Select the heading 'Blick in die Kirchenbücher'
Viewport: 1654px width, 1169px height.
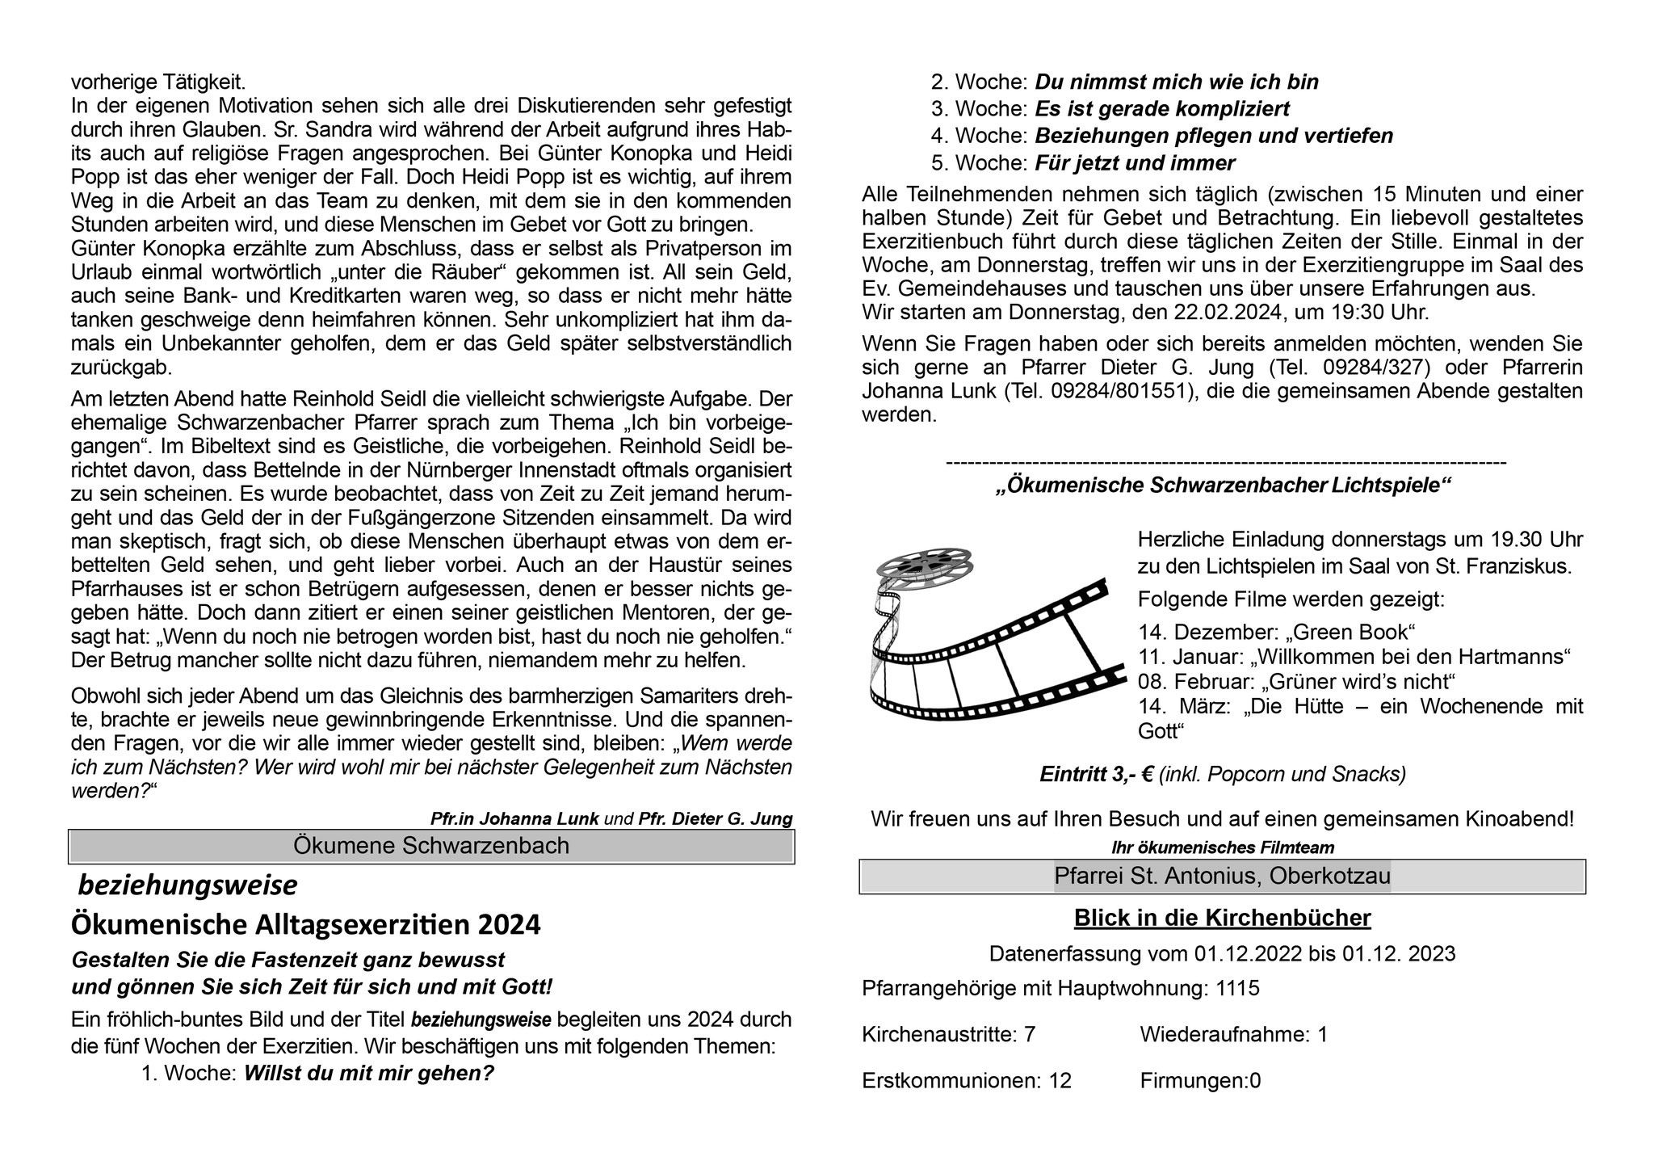pyautogui.click(x=1222, y=918)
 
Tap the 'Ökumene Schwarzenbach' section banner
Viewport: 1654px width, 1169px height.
pyautogui.click(x=431, y=846)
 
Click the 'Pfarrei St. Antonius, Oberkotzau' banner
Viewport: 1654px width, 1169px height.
pyautogui.click(x=1222, y=877)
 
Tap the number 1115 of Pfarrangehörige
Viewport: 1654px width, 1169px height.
pyautogui.click(x=1237, y=988)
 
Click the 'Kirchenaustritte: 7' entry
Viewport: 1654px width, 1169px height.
pyautogui.click(x=948, y=1034)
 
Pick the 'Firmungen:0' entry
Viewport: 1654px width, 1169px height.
pyautogui.click(x=1200, y=1080)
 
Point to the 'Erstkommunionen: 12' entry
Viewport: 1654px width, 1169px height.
pyautogui.click(x=967, y=1080)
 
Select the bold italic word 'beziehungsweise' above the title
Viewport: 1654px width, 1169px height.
pyautogui.click(x=187, y=886)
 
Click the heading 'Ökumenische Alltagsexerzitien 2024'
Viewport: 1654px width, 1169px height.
pyautogui.click(x=306, y=924)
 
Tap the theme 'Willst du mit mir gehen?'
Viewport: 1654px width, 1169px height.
pyautogui.click(x=368, y=1074)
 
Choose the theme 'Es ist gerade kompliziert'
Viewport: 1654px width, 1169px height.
pyautogui.click(x=1162, y=108)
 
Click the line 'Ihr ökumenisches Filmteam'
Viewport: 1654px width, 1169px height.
pyautogui.click(x=1222, y=847)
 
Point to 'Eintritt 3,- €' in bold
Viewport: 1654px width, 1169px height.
pyautogui.click(x=1096, y=775)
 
